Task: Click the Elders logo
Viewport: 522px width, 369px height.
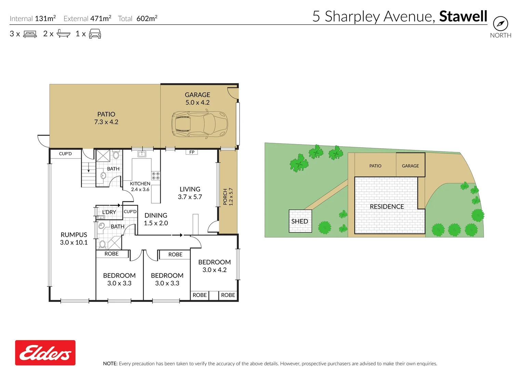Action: click(45, 353)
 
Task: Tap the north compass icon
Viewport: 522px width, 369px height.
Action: click(500, 24)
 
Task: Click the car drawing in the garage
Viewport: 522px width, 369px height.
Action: click(199, 124)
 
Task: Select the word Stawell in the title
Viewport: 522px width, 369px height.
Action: click(463, 16)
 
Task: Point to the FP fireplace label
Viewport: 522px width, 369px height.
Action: click(192, 152)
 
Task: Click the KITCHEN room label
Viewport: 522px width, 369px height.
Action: click(140, 183)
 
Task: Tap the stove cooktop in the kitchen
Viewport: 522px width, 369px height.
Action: click(156, 176)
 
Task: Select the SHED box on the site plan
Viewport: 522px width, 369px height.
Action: click(300, 221)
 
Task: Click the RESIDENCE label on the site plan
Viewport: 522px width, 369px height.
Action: click(387, 206)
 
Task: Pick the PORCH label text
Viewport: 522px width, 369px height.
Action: click(225, 197)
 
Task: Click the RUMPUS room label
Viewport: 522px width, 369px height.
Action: click(74, 235)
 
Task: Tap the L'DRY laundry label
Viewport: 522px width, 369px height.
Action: click(109, 212)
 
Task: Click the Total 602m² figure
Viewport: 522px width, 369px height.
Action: click(147, 18)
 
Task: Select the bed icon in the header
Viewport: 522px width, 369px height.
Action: click(30, 34)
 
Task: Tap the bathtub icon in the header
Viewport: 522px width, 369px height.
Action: click(63, 33)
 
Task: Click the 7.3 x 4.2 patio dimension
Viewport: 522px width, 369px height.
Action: click(106, 122)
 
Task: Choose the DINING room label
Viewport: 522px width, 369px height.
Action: click(156, 215)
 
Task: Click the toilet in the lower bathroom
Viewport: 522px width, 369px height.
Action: click(102, 244)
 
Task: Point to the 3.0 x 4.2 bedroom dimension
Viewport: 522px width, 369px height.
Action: click(214, 270)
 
